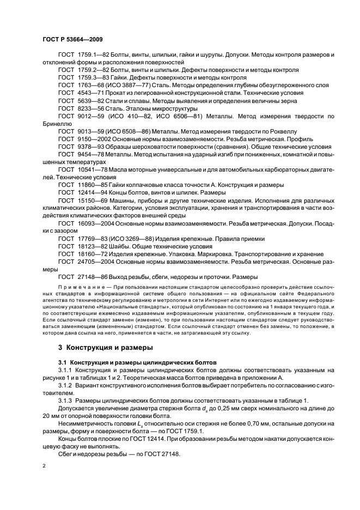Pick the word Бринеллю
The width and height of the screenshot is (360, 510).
57,124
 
